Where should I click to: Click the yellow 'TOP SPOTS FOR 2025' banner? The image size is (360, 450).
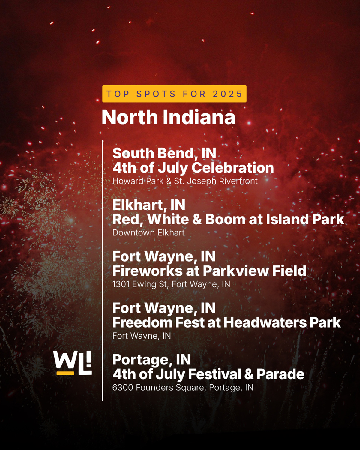click(174, 94)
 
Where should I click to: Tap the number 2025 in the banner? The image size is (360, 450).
click(228, 94)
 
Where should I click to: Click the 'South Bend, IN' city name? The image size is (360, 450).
click(164, 153)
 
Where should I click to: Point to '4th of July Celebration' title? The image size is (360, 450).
click(193, 168)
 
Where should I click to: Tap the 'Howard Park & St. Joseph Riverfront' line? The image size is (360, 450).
click(185, 181)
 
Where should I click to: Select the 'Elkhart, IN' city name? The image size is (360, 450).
click(149, 205)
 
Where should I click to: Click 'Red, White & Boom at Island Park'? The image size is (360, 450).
click(228, 219)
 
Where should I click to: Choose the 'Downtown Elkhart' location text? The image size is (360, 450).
click(148, 233)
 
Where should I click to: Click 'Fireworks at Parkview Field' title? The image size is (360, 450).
click(209, 271)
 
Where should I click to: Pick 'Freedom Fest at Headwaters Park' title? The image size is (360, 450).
click(227, 323)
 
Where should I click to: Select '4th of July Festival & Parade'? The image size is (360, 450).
click(208, 374)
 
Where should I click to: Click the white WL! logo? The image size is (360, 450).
click(72, 363)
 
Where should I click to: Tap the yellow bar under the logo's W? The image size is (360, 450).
click(65, 373)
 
